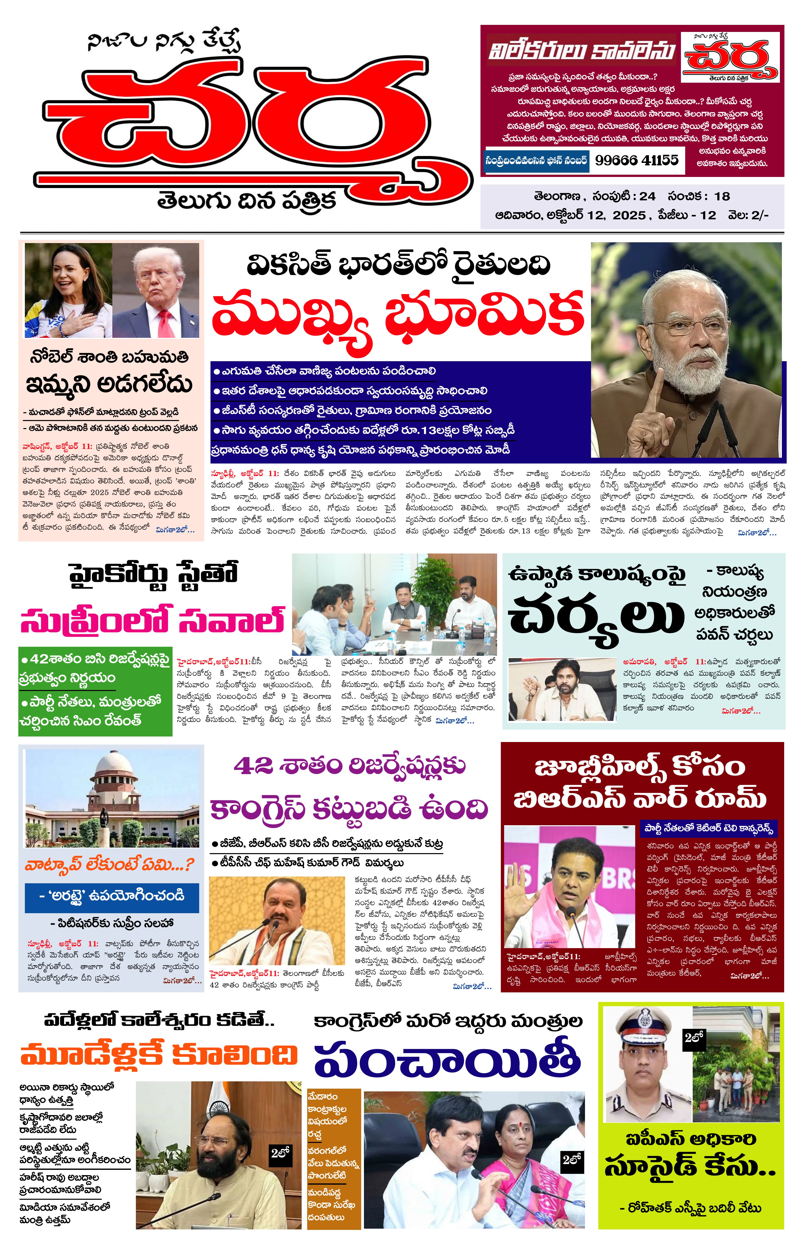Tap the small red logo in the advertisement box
click(x=730, y=58)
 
